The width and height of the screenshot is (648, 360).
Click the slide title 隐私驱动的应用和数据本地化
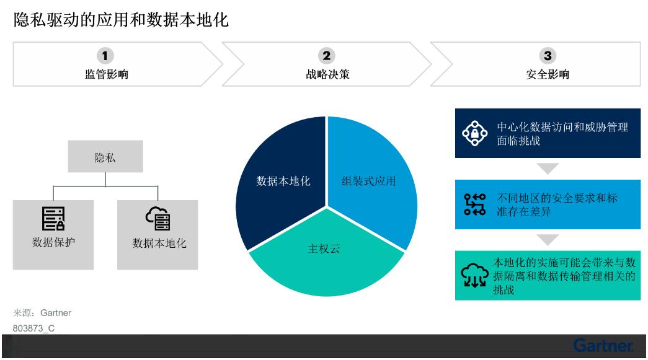pos(121,19)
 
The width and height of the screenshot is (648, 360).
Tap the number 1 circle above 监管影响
pos(105,56)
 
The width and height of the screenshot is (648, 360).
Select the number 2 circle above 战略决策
pos(326,56)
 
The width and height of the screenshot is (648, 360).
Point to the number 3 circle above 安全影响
pos(548,56)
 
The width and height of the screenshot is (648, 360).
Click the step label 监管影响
pos(107,74)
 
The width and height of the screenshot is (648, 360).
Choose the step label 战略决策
pos(327,74)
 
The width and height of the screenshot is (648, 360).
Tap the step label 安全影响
pos(548,74)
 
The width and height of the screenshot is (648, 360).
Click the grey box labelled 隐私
pos(105,157)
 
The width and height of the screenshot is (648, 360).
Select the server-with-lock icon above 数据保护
pos(53,218)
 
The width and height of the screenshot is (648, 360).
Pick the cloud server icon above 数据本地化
pos(158,218)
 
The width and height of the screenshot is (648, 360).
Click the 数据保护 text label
pos(54,242)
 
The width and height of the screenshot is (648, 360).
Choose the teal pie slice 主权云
pos(326,256)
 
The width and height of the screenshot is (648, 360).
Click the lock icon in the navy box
pos(475,133)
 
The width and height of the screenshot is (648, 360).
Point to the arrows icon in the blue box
pos(474,204)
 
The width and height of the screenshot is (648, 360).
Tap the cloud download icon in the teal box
pos(474,275)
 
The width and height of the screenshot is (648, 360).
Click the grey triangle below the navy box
pos(548,168)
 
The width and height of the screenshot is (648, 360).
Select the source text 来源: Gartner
pos(42,313)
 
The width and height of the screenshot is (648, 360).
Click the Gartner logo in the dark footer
pos(603,345)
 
